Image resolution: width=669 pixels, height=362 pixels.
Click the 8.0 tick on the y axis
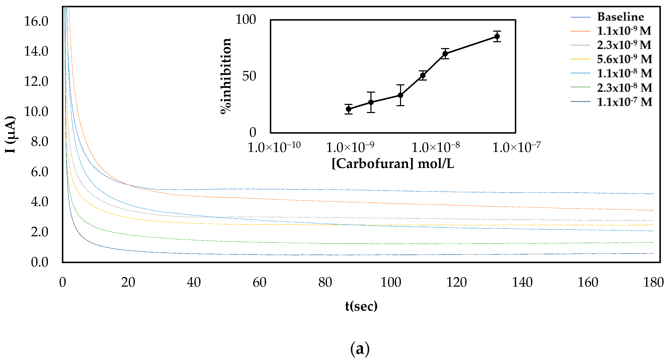pos(39,142)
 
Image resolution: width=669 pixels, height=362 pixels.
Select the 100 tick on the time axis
pos(391,282)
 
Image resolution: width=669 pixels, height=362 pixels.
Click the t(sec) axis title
pos(361,306)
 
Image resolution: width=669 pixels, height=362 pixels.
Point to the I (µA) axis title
pos(10,134)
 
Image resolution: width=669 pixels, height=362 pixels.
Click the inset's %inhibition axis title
pos(225,76)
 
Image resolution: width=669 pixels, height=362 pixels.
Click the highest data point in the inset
pos(497,37)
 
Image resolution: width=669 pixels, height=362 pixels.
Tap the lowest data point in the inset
pos(349,109)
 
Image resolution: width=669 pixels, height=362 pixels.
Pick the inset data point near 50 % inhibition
pos(423,76)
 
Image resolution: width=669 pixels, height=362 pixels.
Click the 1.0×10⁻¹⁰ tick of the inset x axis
pos(274,147)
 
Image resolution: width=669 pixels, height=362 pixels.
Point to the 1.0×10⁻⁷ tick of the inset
pos(516,147)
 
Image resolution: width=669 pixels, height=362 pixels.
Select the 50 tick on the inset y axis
pos(249,76)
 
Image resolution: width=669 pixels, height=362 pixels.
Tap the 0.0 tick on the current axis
pos(39,262)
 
